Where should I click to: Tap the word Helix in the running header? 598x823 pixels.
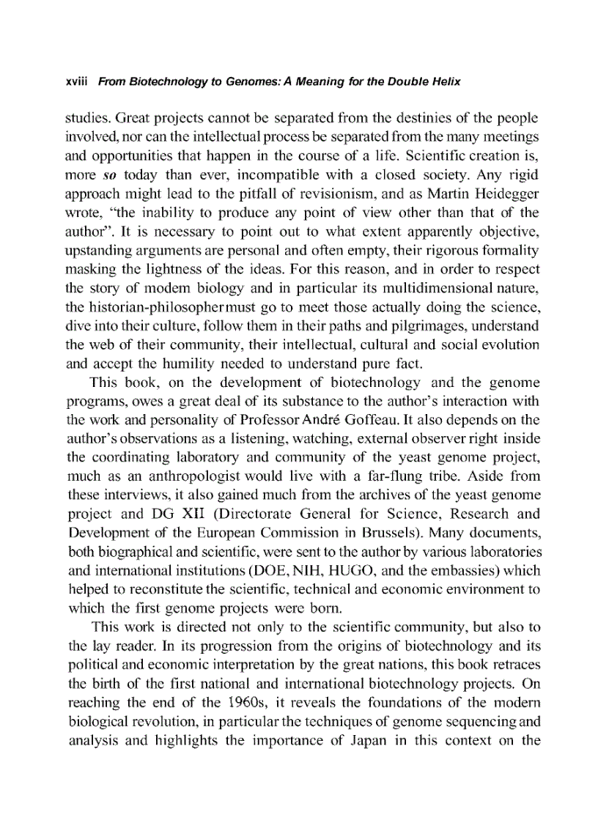[x=444, y=82]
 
